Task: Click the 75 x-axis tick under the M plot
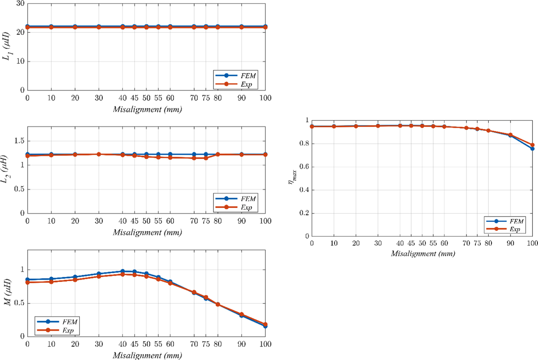[x=206, y=346]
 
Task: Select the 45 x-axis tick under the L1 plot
[x=134, y=98]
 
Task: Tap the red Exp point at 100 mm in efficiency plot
[x=532, y=145]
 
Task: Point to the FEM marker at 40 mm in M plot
[x=122, y=271]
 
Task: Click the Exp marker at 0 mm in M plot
[x=27, y=282]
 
